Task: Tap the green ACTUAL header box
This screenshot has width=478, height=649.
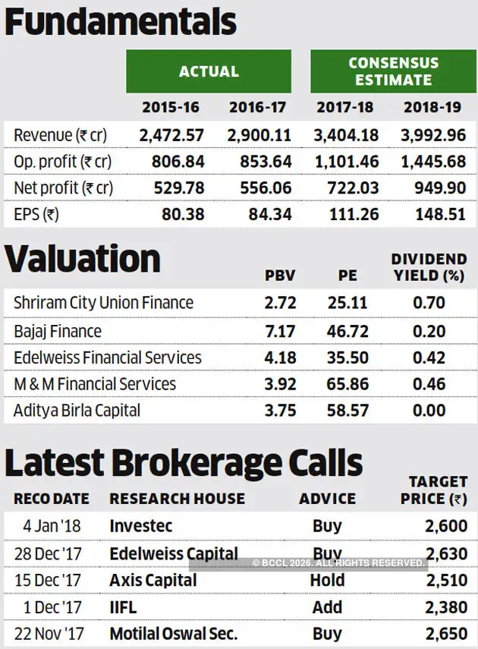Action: click(x=209, y=71)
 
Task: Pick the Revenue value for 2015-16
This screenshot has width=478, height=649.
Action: click(x=171, y=135)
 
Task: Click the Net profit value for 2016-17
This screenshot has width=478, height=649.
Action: click(x=259, y=188)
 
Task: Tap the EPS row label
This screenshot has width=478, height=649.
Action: click(x=36, y=215)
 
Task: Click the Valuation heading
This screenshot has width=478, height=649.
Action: click(x=83, y=259)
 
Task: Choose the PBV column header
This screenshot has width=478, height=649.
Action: click(x=280, y=276)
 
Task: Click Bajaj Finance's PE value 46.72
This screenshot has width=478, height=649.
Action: click(x=347, y=331)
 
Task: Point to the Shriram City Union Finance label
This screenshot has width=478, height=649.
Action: click(x=103, y=303)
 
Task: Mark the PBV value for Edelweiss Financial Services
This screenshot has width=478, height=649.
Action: click(x=281, y=358)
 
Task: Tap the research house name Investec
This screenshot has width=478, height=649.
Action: click(x=141, y=525)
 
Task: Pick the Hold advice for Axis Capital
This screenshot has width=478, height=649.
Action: click(x=327, y=580)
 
